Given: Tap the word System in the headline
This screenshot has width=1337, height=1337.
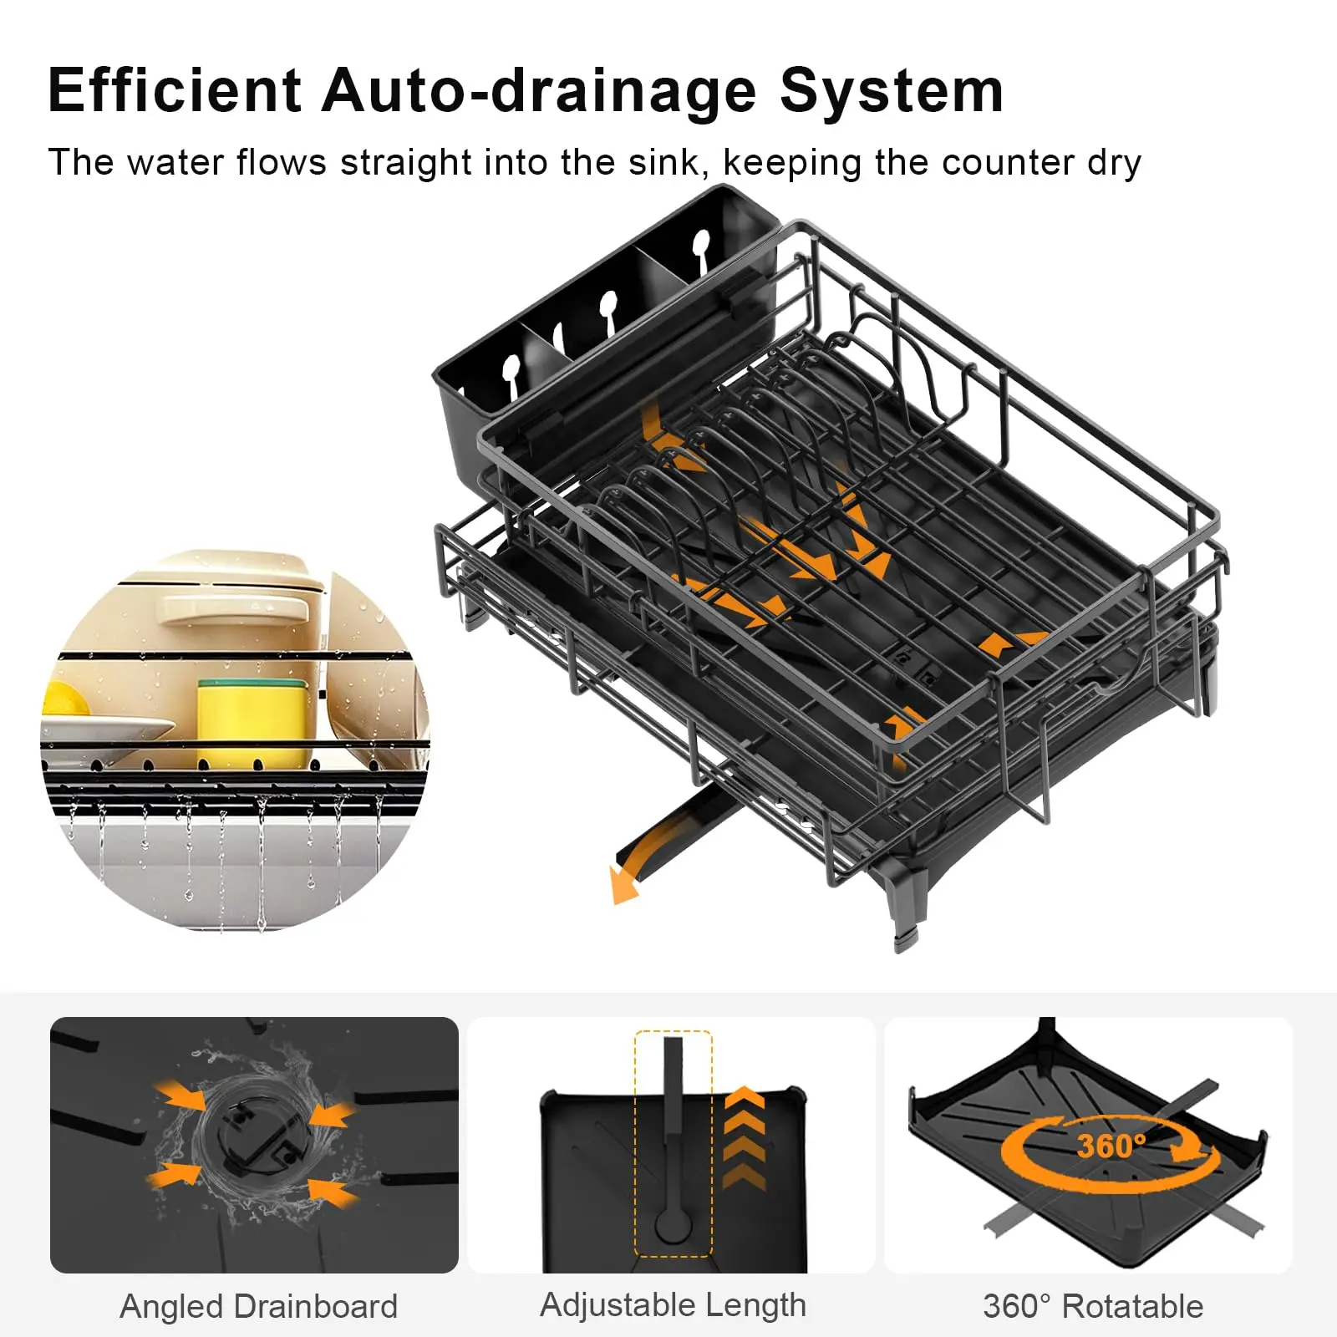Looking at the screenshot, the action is point(892,92).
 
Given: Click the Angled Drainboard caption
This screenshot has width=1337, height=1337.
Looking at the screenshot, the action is point(259,1307).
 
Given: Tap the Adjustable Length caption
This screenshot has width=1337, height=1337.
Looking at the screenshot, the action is point(674,1306).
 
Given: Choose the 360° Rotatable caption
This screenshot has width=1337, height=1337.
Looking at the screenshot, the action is point(1093,1306).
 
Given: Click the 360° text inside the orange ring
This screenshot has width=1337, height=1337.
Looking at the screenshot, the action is point(1111,1146).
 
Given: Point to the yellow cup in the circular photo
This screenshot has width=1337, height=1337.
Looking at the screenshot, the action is point(252,724).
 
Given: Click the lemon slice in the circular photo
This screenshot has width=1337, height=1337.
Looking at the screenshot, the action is point(65,699).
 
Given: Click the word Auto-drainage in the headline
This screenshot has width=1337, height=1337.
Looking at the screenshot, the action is point(540,92).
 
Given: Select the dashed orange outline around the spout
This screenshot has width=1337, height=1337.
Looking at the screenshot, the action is point(674,1144).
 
